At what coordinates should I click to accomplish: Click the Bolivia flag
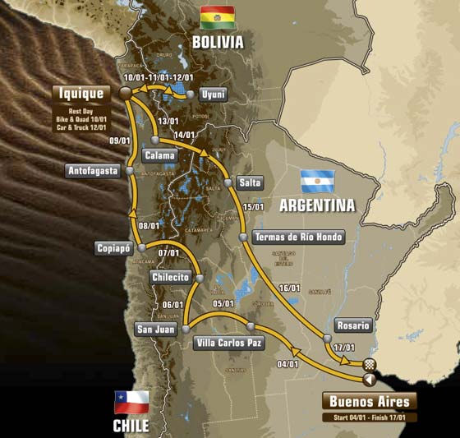point(217,17)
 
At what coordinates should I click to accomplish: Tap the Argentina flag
point(317,181)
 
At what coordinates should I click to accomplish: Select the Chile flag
point(131,402)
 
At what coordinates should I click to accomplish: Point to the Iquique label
point(80,93)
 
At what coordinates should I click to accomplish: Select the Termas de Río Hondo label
point(298,237)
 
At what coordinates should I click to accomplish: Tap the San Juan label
point(155,329)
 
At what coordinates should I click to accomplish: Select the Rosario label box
point(353,325)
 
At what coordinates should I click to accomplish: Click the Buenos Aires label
point(369,401)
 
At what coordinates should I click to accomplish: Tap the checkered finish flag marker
point(370,364)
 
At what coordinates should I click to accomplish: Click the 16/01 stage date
point(289,288)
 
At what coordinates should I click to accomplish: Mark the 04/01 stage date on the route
point(287,363)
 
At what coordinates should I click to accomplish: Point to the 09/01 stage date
point(120,141)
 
